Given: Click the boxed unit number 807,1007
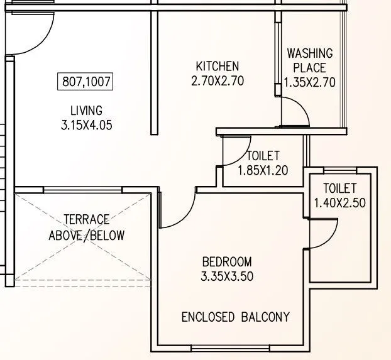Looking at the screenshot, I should tap(87, 81).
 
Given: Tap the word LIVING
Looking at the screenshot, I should tap(87, 111).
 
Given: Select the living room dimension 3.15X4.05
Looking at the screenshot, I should tap(87, 125).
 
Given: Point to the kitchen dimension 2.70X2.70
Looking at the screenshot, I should tap(217, 80).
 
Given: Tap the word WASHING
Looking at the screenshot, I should tap(310, 53).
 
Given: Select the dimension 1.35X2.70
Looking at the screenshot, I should tap(311, 82).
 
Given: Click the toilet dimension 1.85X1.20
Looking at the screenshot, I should tap(263, 170).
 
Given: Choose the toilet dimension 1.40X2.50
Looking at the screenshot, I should tap(340, 202).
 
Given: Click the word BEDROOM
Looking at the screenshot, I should tap(227, 262).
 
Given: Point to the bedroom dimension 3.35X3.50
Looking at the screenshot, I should tap(227, 276).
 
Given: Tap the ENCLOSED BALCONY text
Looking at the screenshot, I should tap(236, 317).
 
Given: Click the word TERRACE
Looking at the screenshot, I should tap(86, 220).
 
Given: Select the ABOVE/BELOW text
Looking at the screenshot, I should tap(86, 236).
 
